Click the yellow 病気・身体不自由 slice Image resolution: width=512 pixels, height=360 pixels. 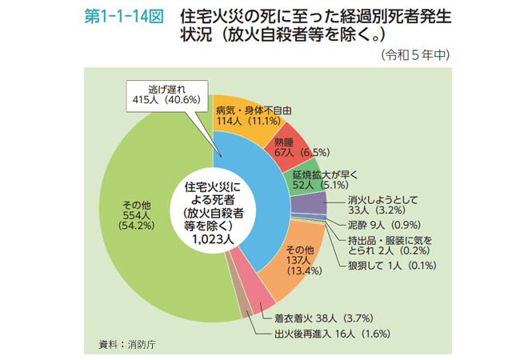point(240,120)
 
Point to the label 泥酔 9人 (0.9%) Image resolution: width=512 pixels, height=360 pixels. point(369,225)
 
